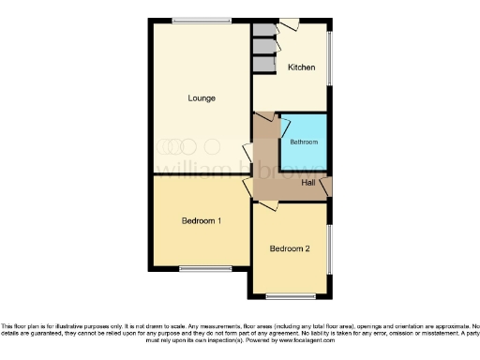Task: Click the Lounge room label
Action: (202, 97)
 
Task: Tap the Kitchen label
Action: (301, 67)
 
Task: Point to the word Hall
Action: (307, 182)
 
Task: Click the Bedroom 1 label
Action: (201, 221)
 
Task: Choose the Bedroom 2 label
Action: (290, 248)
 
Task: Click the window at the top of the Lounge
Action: (201, 20)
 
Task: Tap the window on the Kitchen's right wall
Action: (329, 58)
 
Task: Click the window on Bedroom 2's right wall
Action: (329, 248)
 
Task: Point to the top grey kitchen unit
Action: (262, 29)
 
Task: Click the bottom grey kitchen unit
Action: (262, 65)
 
